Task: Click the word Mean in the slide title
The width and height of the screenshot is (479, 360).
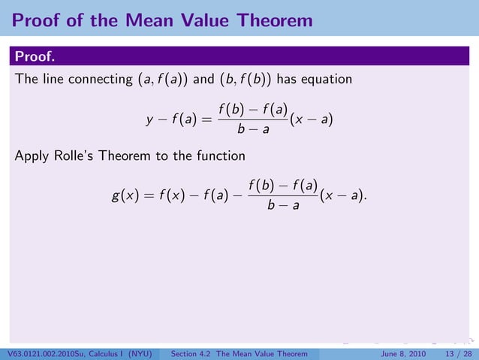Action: pos(144,20)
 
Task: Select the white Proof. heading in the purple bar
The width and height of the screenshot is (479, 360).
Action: pos(37,57)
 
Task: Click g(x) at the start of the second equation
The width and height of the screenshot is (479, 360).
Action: pos(125,196)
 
